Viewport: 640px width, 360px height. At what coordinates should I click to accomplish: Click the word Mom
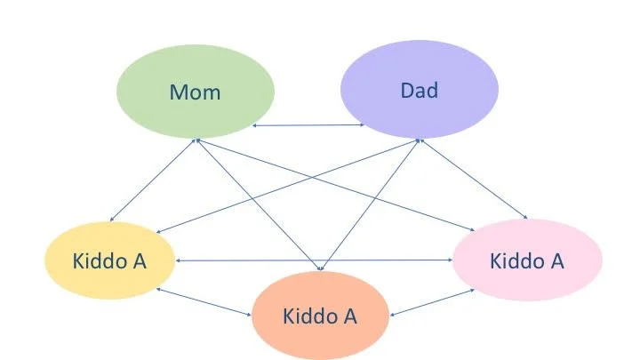(x=196, y=91)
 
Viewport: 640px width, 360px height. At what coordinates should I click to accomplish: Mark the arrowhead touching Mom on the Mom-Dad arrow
(x=256, y=126)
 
